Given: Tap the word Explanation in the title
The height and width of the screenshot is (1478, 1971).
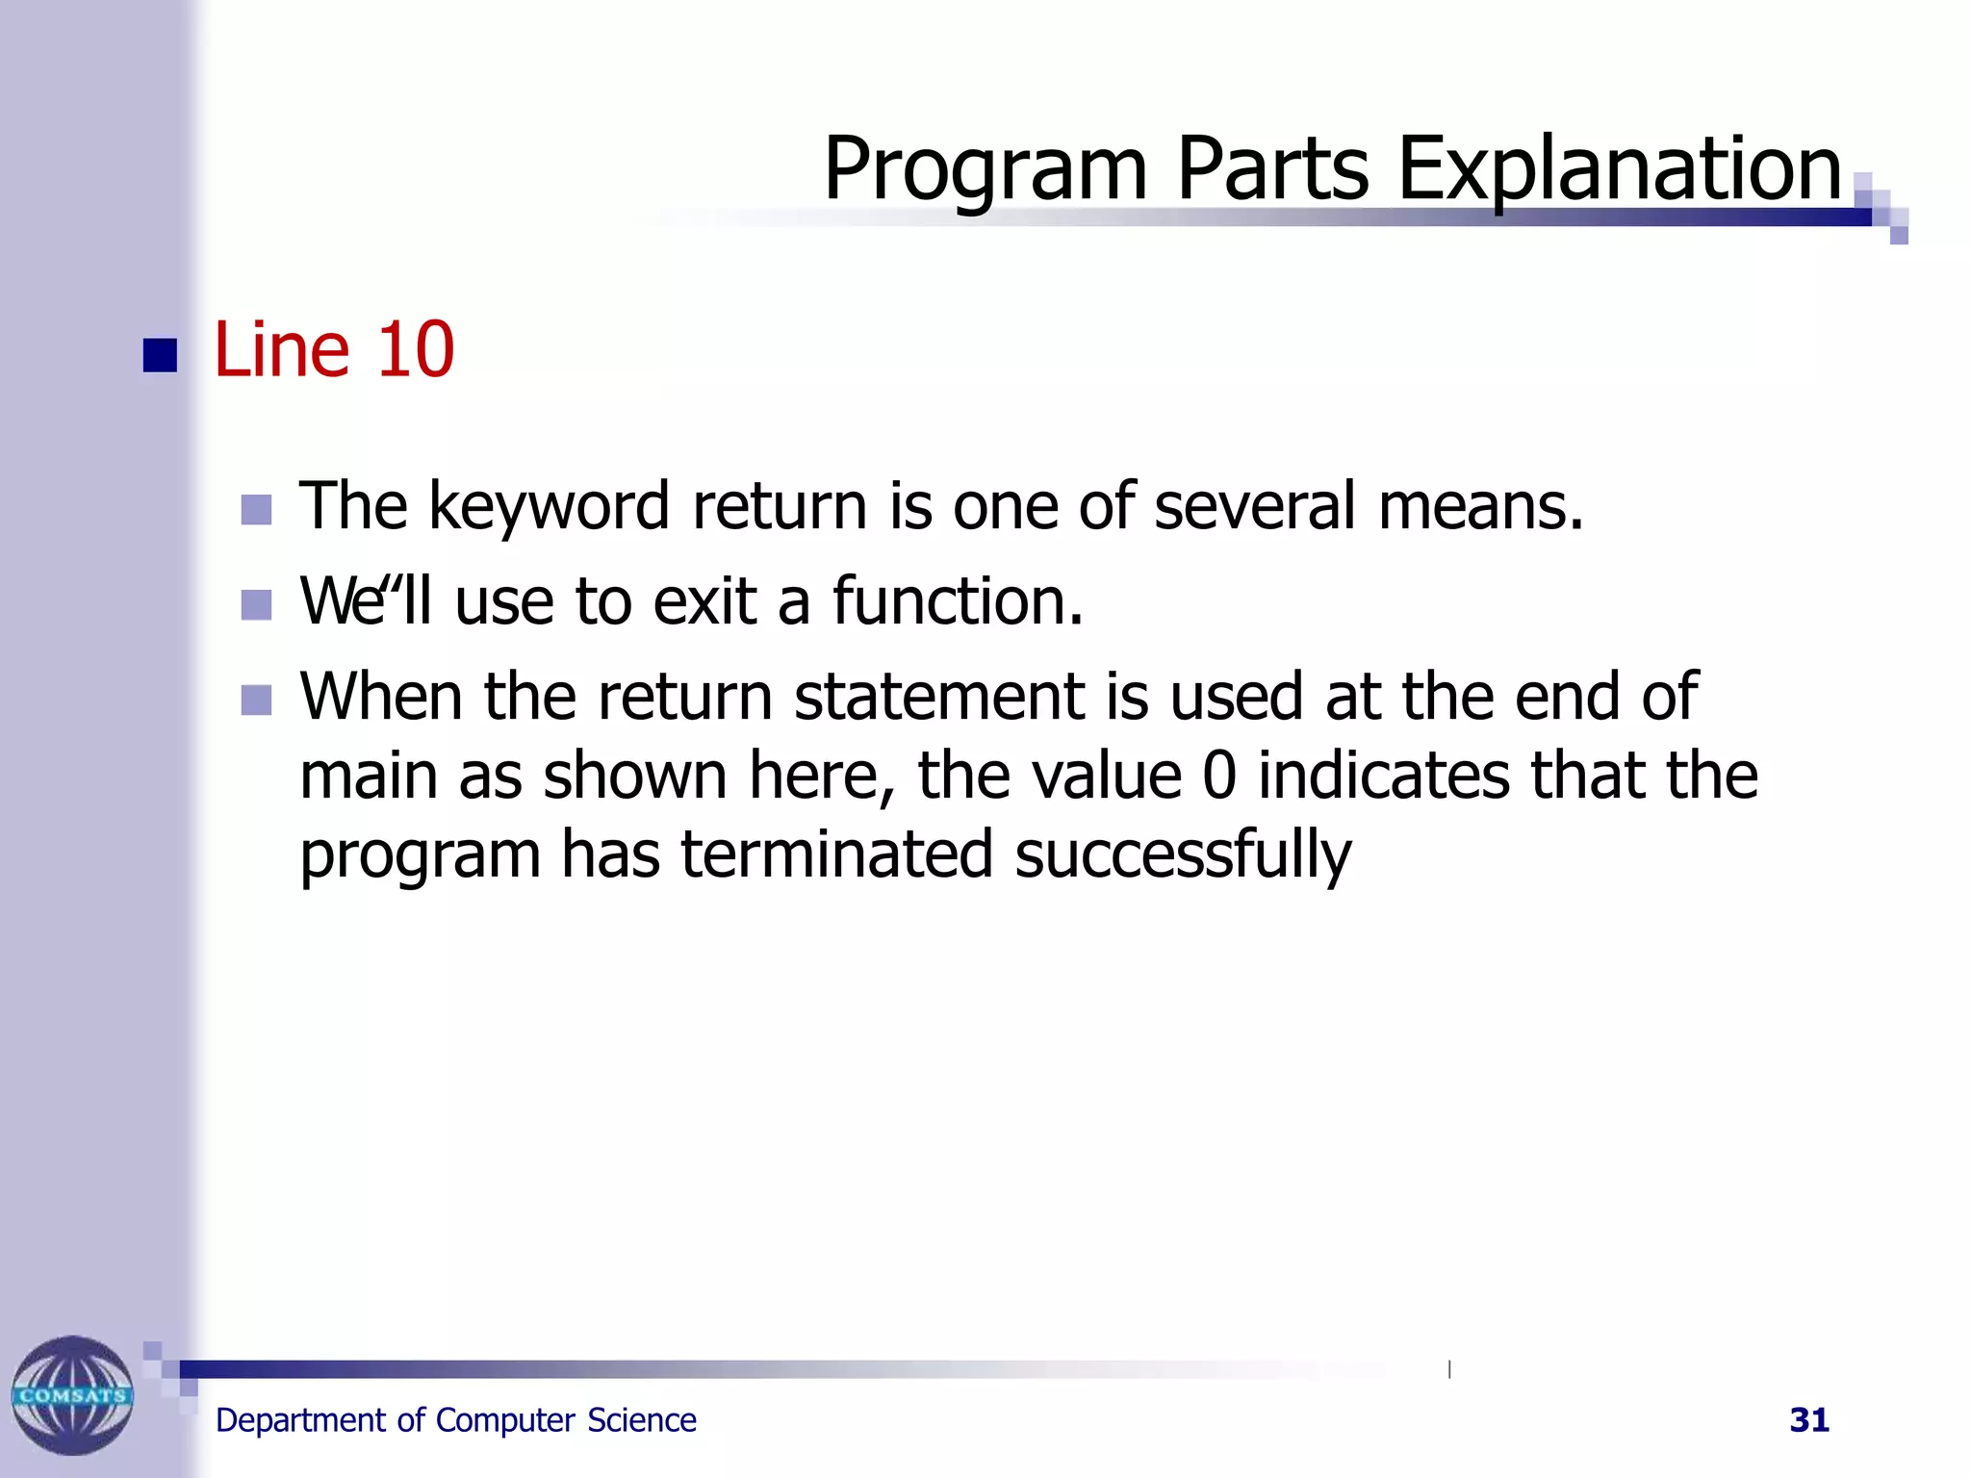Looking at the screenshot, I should (x=1619, y=169).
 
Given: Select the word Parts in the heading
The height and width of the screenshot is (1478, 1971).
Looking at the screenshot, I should (x=1271, y=169).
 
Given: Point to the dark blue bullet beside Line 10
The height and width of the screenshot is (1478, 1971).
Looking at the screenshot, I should (x=160, y=355).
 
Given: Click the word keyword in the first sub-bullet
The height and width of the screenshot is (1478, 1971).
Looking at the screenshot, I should (x=549, y=507).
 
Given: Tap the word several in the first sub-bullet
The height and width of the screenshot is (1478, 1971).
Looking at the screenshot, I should (x=1255, y=506).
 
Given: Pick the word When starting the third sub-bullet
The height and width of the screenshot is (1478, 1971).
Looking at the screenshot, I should (x=381, y=697).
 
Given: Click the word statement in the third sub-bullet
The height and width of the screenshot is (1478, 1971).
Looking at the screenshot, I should (x=939, y=697).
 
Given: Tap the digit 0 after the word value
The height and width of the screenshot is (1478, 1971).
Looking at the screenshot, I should (x=1218, y=776).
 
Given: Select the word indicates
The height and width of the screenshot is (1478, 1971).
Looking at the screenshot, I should (x=1384, y=776).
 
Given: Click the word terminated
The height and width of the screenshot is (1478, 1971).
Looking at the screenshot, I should (x=836, y=854).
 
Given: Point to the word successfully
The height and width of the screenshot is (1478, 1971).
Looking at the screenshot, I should (x=1183, y=854).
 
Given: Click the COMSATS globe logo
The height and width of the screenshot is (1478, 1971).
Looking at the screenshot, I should (x=72, y=1394).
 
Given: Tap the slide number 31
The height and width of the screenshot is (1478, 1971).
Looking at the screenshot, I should (x=1808, y=1420).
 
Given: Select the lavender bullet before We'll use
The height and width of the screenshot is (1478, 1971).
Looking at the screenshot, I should (x=256, y=605).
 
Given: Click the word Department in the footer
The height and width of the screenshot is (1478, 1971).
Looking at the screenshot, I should (x=301, y=1421).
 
